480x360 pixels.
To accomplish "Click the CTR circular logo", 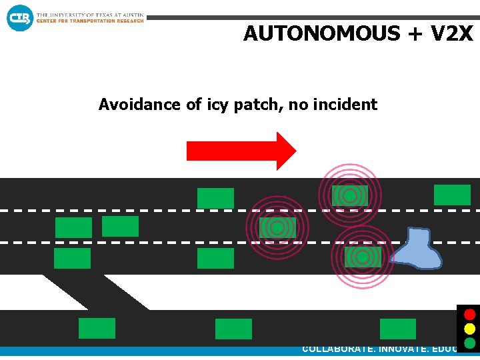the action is pyautogui.click(x=20, y=17).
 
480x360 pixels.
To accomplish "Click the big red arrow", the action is pyautogui.click(x=240, y=151).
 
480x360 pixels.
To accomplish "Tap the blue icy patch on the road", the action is pyautogui.click(x=417, y=249).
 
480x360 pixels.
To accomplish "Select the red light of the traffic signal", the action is pyautogui.click(x=469, y=314).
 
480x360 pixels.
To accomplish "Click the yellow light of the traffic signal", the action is pyautogui.click(x=469, y=329).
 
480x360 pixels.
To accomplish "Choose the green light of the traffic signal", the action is pyautogui.click(x=469, y=343).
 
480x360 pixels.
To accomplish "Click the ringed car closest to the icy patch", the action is pyautogui.click(x=363, y=257).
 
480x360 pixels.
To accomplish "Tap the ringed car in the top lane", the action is pyautogui.click(x=349, y=195).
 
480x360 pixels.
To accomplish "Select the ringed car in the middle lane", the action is pyautogui.click(x=277, y=227).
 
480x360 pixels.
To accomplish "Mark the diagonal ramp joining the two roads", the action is pyautogui.click(x=93, y=292).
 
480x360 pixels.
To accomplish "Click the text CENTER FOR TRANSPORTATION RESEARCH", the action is pyautogui.click(x=90, y=21).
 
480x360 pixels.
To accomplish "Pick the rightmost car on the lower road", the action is pyautogui.click(x=397, y=329).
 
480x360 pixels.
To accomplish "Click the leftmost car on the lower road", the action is pyautogui.click(x=97, y=328).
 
